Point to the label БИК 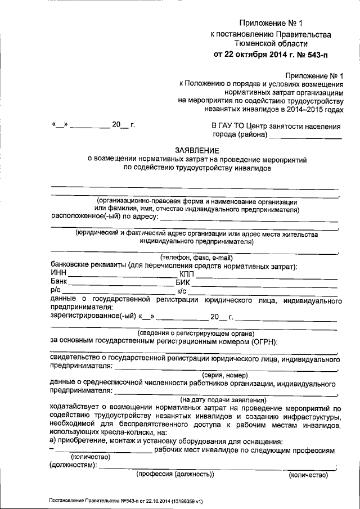[x=184, y=283]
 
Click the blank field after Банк [x=121, y=283]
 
